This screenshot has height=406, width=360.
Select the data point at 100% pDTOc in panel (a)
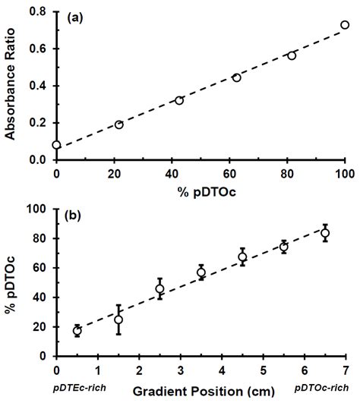point(345,25)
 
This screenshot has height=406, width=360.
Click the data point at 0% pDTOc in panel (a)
point(56,144)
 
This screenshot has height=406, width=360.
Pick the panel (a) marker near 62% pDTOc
point(237,77)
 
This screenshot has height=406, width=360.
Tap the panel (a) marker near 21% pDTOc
point(118,124)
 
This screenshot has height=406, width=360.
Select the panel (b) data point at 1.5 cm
point(118,319)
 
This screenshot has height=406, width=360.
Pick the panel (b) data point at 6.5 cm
point(325,233)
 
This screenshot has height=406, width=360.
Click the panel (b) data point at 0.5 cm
point(77,331)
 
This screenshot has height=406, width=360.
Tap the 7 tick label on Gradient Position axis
point(346,372)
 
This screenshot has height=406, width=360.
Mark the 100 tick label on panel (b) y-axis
point(35,209)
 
